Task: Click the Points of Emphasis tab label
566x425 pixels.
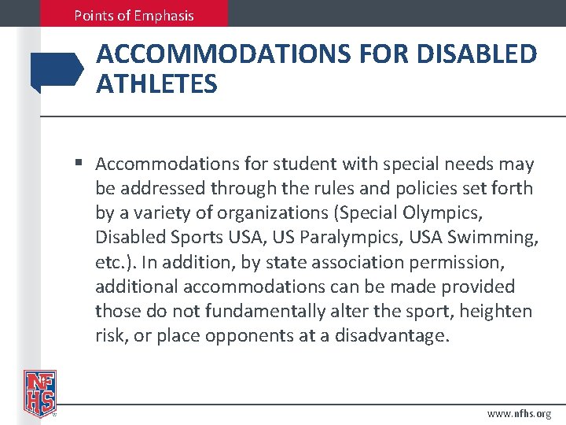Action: (134, 15)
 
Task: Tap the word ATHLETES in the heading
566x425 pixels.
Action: (156, 83)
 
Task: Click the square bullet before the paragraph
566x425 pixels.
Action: (80, 164)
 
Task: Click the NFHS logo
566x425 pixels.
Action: (39, 391)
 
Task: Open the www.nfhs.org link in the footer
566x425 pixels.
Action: (519, 413)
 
